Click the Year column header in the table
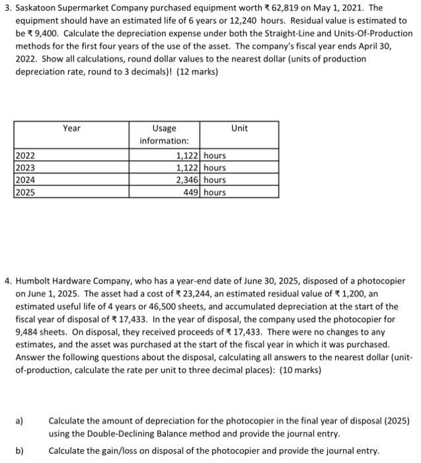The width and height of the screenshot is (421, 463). tap(71, 128)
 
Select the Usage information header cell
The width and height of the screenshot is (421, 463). tap(164, 134)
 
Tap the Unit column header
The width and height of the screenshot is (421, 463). tap(239, 128)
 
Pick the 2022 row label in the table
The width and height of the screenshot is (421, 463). tap(26, 156)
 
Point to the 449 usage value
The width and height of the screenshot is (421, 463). tap(192, 192)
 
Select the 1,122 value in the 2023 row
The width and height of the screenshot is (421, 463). tap(188, 168)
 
